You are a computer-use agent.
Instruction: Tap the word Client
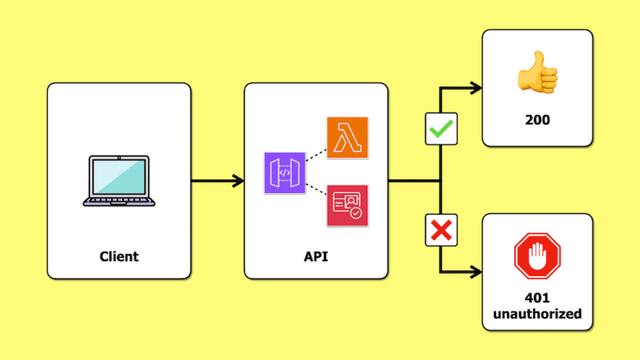[119, 256]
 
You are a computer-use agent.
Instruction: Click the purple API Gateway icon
[284, 173]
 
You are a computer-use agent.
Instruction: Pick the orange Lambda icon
[348, 138]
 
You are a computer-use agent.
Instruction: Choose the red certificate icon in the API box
[348, 205]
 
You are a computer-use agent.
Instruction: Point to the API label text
[315, 256]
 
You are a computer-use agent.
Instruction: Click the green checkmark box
[441, 129]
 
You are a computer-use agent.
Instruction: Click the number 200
[537, 120]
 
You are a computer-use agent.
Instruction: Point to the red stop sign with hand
[536, 256]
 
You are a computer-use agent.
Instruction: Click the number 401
[536, 298]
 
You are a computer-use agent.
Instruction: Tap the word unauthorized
[536, 314]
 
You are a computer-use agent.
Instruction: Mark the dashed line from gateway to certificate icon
[315, 191]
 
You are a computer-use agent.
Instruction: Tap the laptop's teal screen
[119, 176]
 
